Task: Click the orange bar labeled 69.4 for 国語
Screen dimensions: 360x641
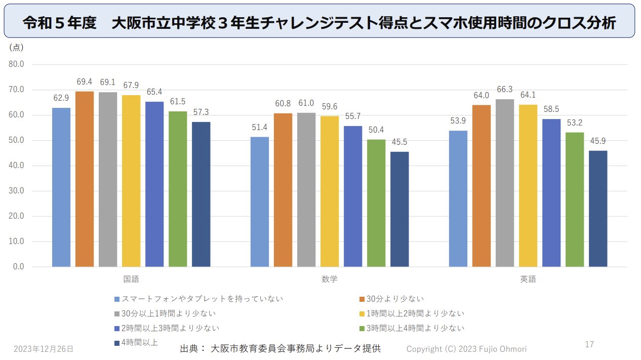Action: point(85,179)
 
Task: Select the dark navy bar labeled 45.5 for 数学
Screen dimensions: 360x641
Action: point(399,209)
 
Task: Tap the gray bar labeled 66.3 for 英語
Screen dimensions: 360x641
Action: point(505,183)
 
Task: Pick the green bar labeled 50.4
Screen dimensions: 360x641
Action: point(376,203)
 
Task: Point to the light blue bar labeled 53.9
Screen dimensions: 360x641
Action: point(458,198)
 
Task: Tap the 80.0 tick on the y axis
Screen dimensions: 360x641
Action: point(17,65)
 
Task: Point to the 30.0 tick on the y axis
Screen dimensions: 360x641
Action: point(17,191)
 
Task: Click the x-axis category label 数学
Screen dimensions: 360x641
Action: point(329,279)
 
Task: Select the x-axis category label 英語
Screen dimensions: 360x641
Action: point(528,279)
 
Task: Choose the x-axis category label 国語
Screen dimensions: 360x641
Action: point(131,279)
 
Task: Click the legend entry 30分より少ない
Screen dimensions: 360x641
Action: point(395,299)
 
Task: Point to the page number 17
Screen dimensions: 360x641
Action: point(589,345)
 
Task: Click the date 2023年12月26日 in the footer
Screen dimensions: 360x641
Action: point(44,349)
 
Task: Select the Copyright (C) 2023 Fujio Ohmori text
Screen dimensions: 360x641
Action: point(467,349)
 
